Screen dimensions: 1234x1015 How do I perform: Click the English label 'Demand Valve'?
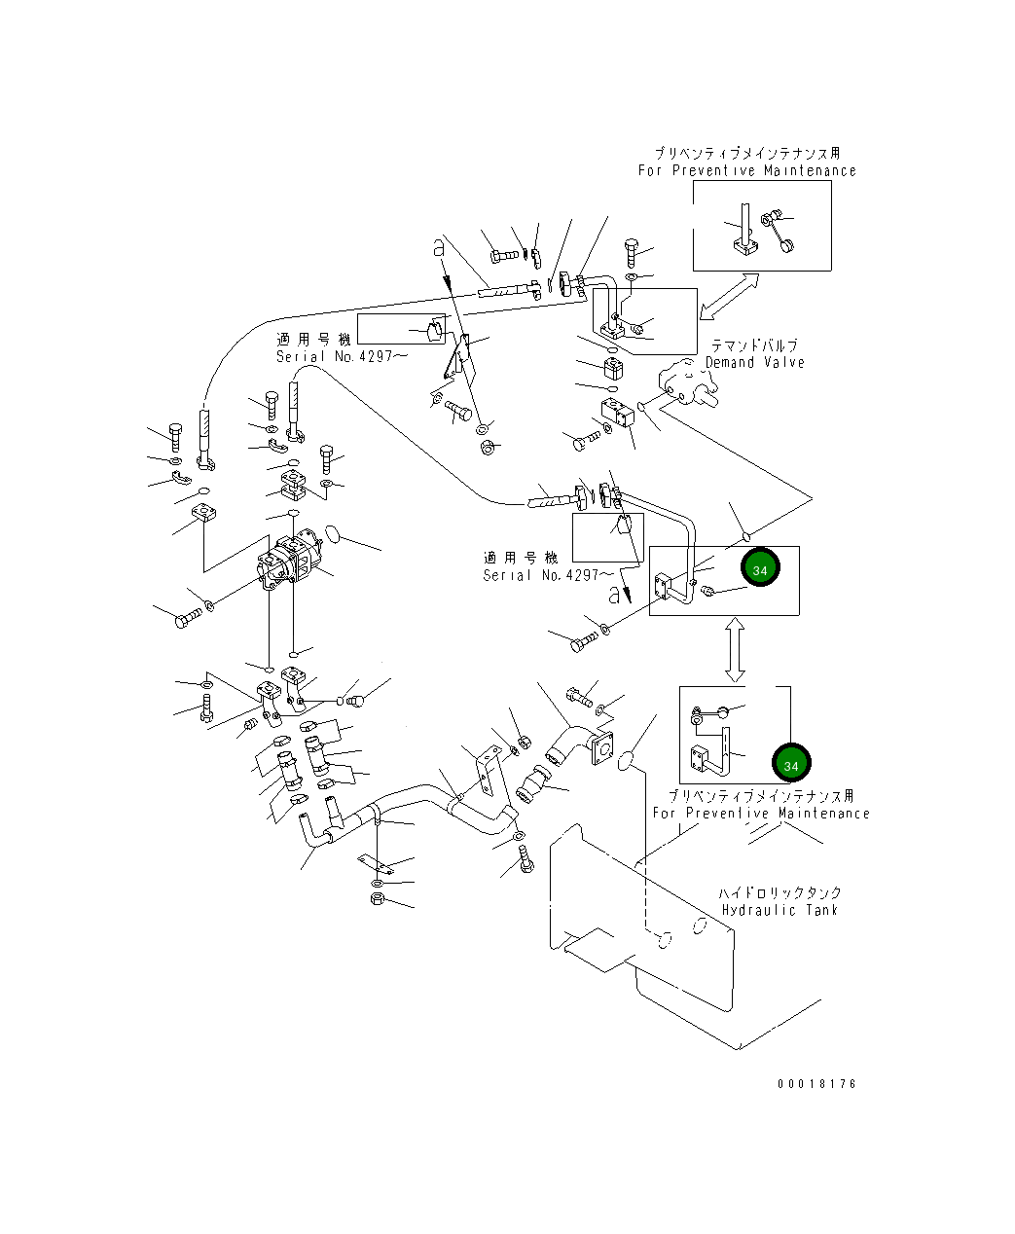(x=754, y=362)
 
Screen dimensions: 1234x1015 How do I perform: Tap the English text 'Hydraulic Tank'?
(x=779, y=910)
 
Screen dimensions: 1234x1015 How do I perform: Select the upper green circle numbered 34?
(x=760, y=569)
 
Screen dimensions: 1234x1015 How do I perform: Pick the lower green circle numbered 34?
(x=790, y=765)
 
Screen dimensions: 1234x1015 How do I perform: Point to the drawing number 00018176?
(x=816, y=1083)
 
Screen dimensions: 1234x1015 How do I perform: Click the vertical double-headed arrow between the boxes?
(x=736, y=648)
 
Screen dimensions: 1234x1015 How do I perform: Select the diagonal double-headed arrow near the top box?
(x=729, y=296)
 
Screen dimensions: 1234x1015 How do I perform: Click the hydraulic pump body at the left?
(x=289, y=563)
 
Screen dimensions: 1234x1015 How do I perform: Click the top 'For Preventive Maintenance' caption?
(x=746, y=170)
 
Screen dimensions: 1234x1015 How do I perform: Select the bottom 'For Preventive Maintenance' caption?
(x=760, y=813)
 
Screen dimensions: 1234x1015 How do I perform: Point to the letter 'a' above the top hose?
(x=439, y=250)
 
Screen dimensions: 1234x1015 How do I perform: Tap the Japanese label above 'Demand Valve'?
(x=754, y=345)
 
